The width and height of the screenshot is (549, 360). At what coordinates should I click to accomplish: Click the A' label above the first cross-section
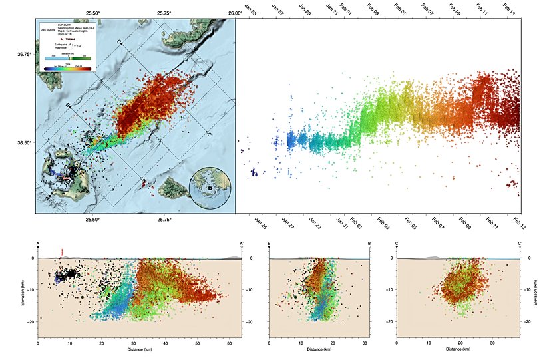point(242,244)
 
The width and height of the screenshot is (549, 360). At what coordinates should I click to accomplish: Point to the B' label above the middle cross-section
point(369,244)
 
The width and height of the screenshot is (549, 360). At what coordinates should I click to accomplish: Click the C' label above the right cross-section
point(520,244)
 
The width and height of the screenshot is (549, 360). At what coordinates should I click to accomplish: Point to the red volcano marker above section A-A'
point(62,252)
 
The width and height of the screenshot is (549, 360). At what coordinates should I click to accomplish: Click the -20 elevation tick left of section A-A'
point(31,321)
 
